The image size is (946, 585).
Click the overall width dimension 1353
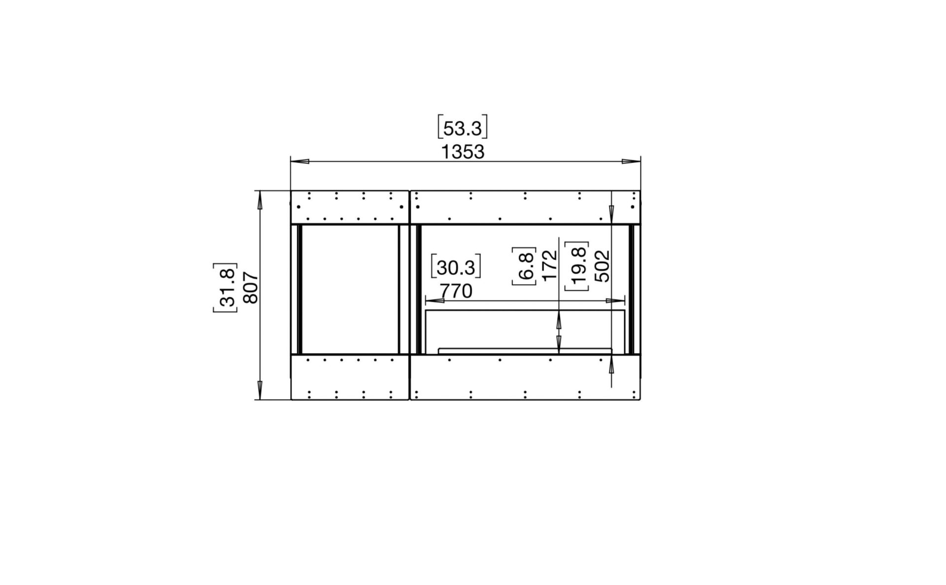[462, 152]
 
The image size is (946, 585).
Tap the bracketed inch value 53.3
[462, 128]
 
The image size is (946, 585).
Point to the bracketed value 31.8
[225, 288]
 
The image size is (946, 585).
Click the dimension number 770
[456, 291]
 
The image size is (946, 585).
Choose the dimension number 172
[549, 265]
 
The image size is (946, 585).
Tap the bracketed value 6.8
[524, 266]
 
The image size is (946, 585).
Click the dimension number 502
[602, 266]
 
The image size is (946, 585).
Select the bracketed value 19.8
[577, 266]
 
